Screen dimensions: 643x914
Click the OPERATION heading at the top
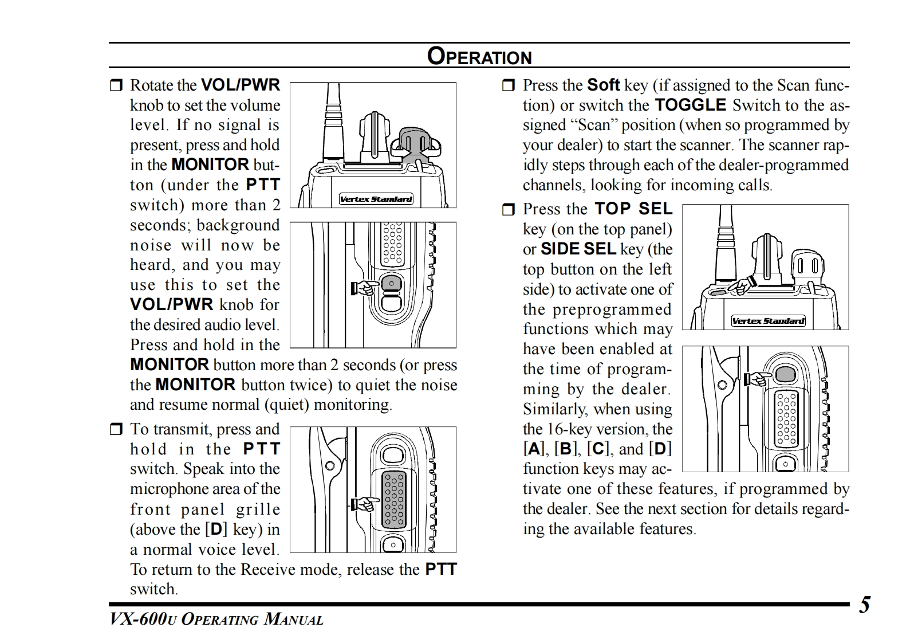pyautogui.click(x=479, y=57)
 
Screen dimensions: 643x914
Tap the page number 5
pyautogui.click(x=864, y=605)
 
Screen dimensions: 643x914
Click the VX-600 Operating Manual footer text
pyautogui.click(x=216, y=620)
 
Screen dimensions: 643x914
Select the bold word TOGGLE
pyautogui.click(x=690, y=105)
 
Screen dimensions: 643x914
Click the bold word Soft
pyautogui.click(x=604, y=85)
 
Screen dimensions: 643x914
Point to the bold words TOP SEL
pyautogui.click(x=633, y=209)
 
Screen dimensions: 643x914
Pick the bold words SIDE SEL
pyautogui.click(x=578, y=249)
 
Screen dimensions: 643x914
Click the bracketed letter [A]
pyautogui.click(x=533, y=449)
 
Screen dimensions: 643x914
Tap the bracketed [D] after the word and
pyautogui.click(x=660, y=449)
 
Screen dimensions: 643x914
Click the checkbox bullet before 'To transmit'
pyautogui.click(x=116, y=429)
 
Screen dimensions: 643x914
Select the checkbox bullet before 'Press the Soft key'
pyautogui.click(x=509, y=86)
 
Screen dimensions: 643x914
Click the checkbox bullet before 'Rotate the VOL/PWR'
pyautogui.click(x=116, y=86)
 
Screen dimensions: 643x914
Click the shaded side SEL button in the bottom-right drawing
pyautogui.click(x=786, y=374)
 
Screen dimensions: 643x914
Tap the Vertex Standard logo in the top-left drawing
pyautogui.click(x=376, y=199)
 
